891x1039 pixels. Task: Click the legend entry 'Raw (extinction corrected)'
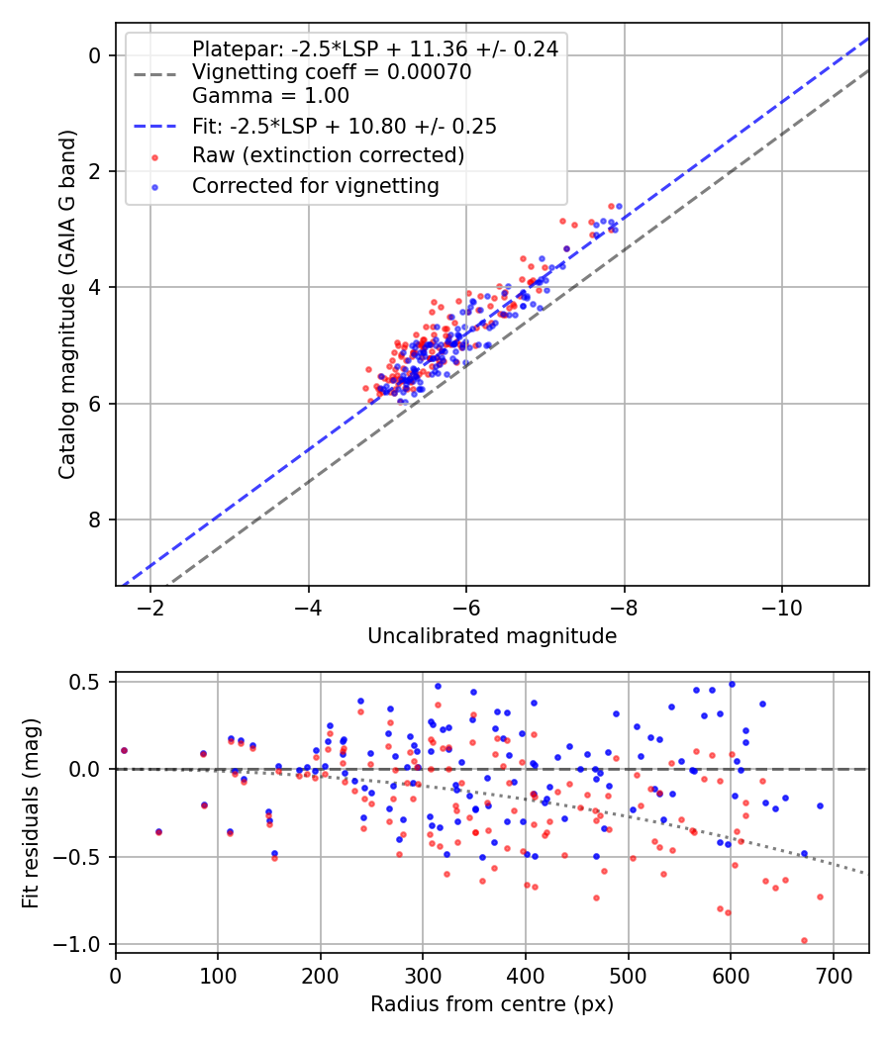[x=328, y=155]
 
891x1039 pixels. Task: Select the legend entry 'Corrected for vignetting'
[x=315, y=185]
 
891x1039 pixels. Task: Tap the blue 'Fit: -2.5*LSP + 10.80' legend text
[x=344, y=126]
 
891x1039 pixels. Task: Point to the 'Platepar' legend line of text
[x=374, y=48]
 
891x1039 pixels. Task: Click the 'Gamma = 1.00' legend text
[x=270, y=96]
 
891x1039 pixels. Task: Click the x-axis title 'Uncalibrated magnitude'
[x=492, y=636]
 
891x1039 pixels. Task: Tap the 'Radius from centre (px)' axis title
[x=492, y=1004]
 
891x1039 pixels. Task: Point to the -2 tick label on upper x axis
[x=150, y=605]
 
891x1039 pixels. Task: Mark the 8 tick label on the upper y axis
[x=95, y=519]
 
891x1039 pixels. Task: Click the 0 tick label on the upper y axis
[x=95, y=55]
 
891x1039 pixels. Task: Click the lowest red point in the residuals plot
[x=804, y=941]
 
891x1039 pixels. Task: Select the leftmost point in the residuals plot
[x=124, y=750]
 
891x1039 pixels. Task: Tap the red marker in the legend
[x=155, y=155]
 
